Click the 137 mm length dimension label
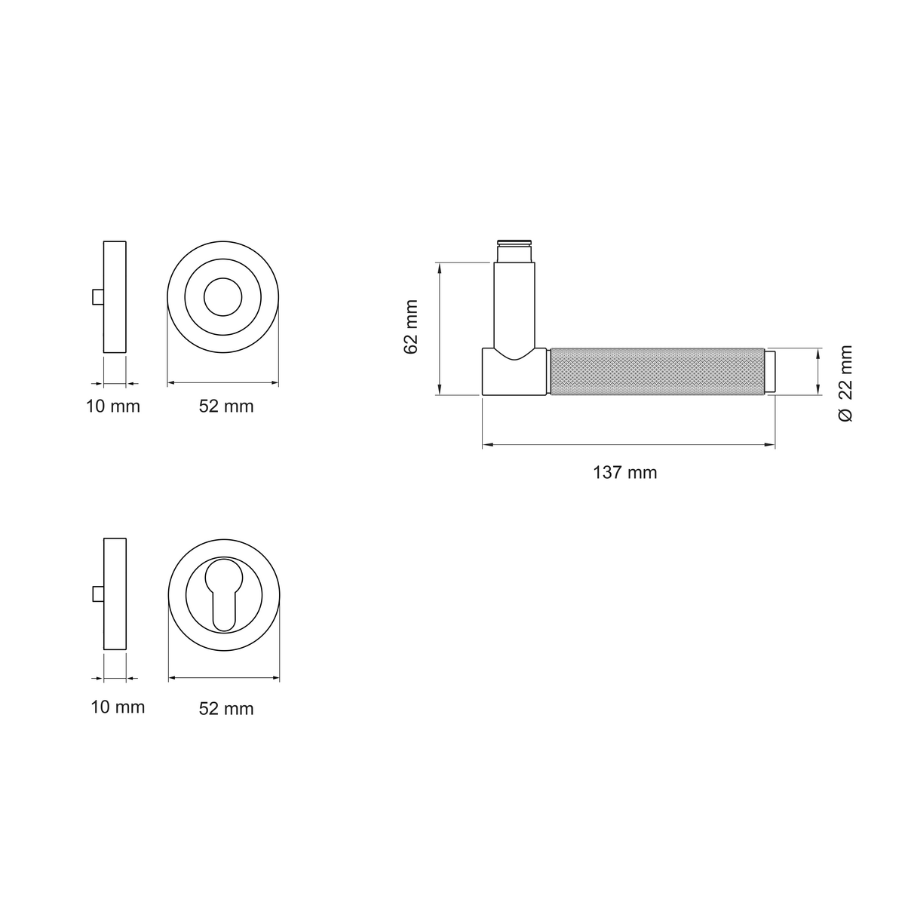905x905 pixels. coord(624,472)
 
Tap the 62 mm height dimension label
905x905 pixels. coord(411,327)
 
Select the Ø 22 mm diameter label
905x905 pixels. coord(845,383)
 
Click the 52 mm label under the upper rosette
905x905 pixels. coord(226,406)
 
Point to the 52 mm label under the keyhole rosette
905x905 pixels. coord(226,709)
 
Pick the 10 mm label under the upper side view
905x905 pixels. coord(112,406)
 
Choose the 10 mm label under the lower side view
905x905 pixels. coord(118,707)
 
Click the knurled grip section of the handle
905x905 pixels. coord(657,371)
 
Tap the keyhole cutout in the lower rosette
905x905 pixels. coord(223,594)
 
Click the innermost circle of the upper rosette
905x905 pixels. coord(223,278)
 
